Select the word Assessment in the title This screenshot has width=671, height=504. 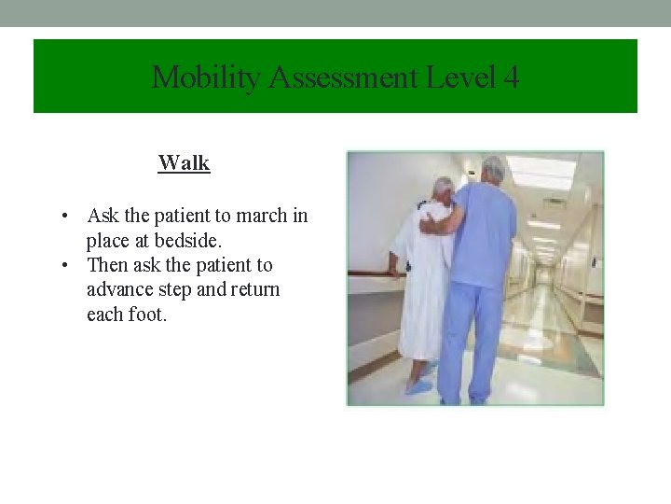pyautogui.click(x=342, y=77)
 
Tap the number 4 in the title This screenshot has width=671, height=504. pyautogui.click(x=511, y=77)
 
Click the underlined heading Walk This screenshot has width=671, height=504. pyautogui.click(x=184, y=163)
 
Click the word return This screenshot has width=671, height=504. pyautogui.click(x=251, y=289)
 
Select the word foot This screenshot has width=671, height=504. pyautogui.click(x=146, y=315)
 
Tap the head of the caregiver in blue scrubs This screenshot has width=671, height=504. pyautogui.click(x=493, y=169)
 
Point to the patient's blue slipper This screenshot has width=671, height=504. pyautogui.click(x=418, y=385)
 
